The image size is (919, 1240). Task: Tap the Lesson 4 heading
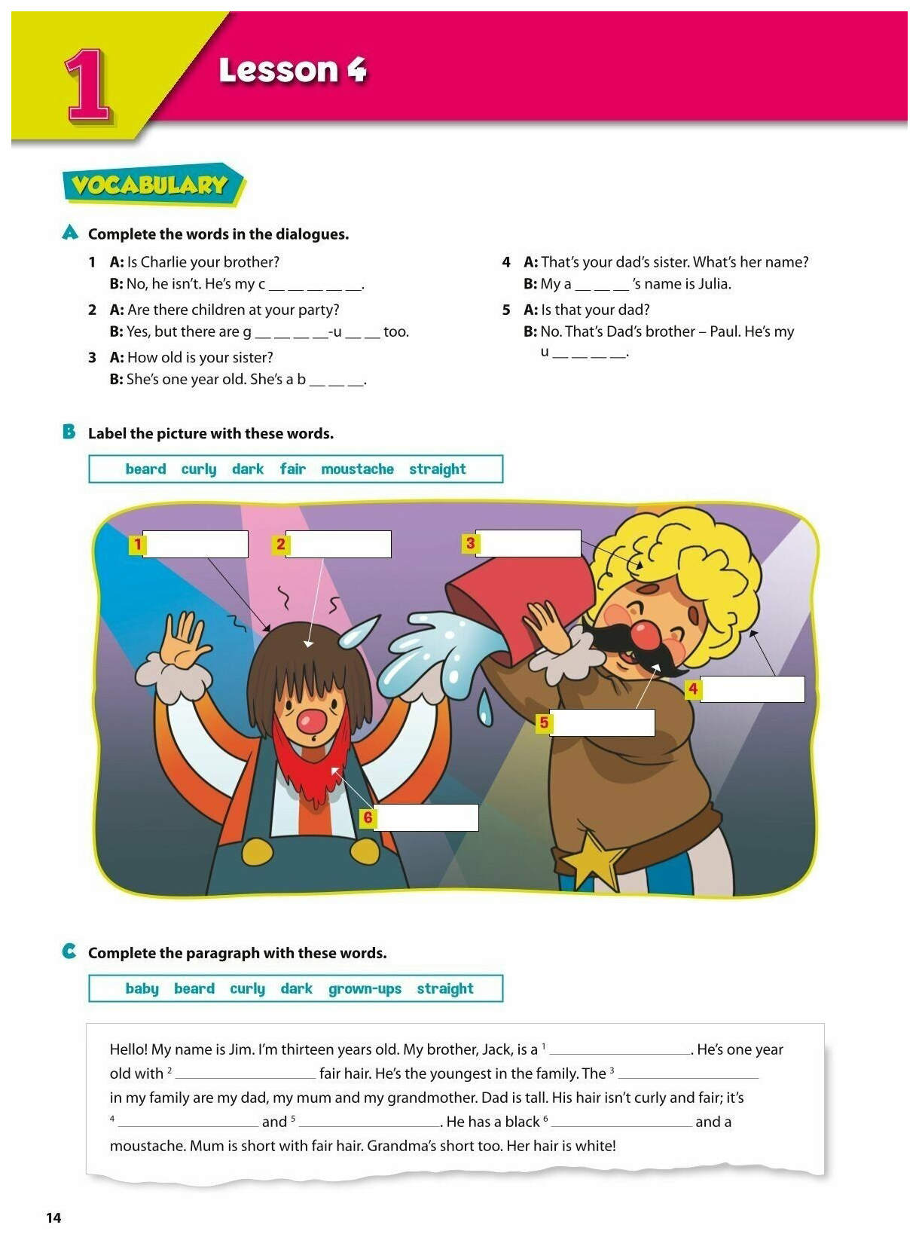point(292,70)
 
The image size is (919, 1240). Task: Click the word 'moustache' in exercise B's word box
point(357,469)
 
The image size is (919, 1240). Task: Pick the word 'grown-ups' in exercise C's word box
point(365,988)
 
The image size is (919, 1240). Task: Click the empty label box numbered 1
point(195,544)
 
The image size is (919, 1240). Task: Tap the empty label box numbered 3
point(528,543)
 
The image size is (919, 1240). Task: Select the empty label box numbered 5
point(602,723)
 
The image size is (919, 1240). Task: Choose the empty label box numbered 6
point(426,818)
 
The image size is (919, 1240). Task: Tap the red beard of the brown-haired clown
point(310,761)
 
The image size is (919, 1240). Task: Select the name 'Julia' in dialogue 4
point(712,284)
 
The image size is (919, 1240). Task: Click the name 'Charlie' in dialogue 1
point(163,262)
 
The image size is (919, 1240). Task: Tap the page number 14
point(53,1218)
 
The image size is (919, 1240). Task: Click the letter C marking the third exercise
point(69,951)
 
